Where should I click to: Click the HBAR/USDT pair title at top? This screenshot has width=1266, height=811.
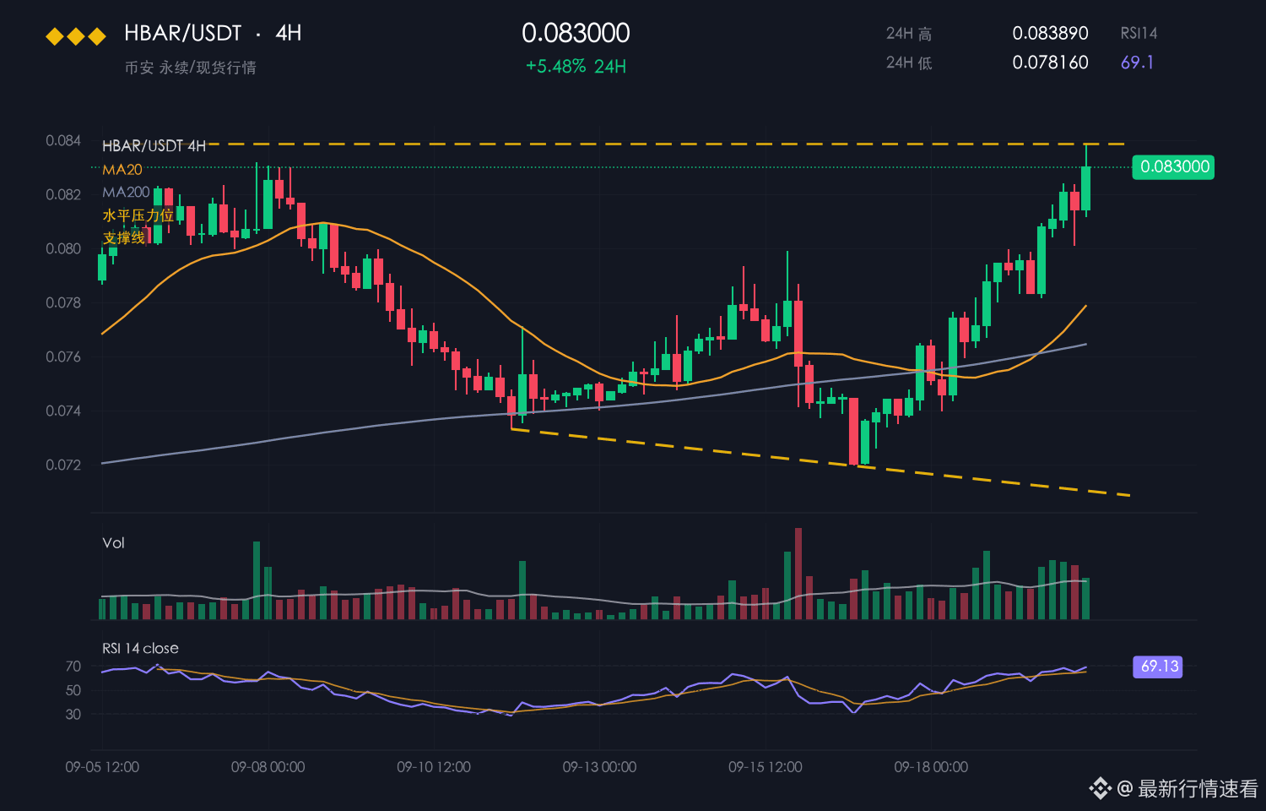pyautogui.click(x=182, y=33)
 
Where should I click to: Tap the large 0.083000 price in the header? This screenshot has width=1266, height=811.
pyautogui.click(x=576, y=33)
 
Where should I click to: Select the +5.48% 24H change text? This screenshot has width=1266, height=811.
pyautogui.click(x=576, y=67)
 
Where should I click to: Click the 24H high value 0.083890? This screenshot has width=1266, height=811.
pyautogui.click(x=1050, y=33)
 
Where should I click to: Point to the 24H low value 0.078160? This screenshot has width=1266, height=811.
pyautogui.click(x=1050, y=63)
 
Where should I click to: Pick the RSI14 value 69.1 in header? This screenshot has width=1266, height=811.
pyautogui.click(x=1137, y=63)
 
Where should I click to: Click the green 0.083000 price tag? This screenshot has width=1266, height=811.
pyautogui.click(x=1173, y=166)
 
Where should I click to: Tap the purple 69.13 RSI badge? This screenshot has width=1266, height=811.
pyautogui.click(x=1157, y=667)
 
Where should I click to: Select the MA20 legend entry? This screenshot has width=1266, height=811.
pyautogui.click(x=122, y=170)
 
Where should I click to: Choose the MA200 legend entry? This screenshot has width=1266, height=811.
pyautogui.click(x=126, y=193)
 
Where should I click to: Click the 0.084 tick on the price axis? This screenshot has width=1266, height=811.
pyautogui.click(x=63, y=140)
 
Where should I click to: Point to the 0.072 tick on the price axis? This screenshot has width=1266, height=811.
pyautogui.click(x=63, y=465)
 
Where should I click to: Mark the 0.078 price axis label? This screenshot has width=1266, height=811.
pyautogui.click(x=63, y=302)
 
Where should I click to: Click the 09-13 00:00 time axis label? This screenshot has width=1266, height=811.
pyautogui.click(x=599, y=767)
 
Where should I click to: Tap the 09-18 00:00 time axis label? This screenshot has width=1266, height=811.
pyautogui.click(x=931, y=767)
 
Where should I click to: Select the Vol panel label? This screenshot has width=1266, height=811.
pyautogui.click(x=113, y=543)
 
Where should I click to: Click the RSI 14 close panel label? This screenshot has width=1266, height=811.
pyautogui.click(x=140, y=648)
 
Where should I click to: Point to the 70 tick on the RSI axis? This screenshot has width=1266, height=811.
pyautogui.click(x=73, y=667)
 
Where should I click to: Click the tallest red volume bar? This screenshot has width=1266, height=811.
pyautogui.click(x=798, y=574)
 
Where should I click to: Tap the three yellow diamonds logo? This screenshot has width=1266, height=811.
pyautogui.click(x=76, y=37)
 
